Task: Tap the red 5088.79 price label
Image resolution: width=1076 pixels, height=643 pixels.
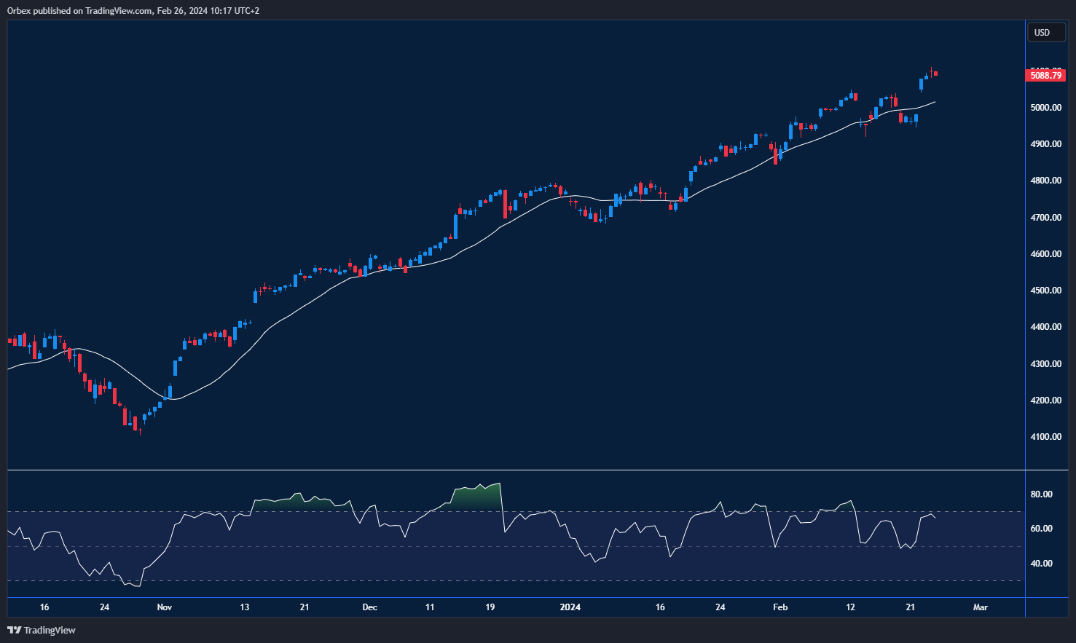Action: pos(1045,75)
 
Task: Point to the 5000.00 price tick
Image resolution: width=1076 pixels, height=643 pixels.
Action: pos(1045,108)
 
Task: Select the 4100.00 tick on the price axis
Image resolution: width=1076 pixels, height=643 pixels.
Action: pos(1045,437)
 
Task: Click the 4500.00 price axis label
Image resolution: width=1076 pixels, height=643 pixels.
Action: pos(1045,291)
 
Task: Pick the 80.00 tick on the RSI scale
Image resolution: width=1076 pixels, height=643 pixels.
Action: pos(1042,494)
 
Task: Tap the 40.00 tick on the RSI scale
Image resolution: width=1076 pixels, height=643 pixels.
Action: pos(1042,564)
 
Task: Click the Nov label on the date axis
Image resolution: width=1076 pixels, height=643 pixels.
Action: pos(165,607)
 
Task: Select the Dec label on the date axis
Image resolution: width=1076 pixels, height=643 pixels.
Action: pos(370,607)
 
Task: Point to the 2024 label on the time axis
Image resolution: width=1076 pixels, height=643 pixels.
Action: pos(570,607)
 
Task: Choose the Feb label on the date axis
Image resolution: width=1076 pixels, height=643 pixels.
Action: pos(780,607)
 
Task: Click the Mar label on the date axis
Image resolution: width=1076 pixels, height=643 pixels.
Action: pos(981,607)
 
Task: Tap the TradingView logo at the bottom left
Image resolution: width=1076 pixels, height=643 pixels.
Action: pos(42,630)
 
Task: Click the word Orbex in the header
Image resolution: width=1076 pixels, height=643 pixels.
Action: pos(19,11)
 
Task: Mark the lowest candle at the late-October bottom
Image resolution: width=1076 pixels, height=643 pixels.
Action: pos(139,430)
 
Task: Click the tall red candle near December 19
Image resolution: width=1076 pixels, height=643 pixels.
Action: pos(506,205)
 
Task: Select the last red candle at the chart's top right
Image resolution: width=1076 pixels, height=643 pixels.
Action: pos(935,74)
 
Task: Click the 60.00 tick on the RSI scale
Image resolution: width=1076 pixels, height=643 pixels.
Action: pos(1042,529)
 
